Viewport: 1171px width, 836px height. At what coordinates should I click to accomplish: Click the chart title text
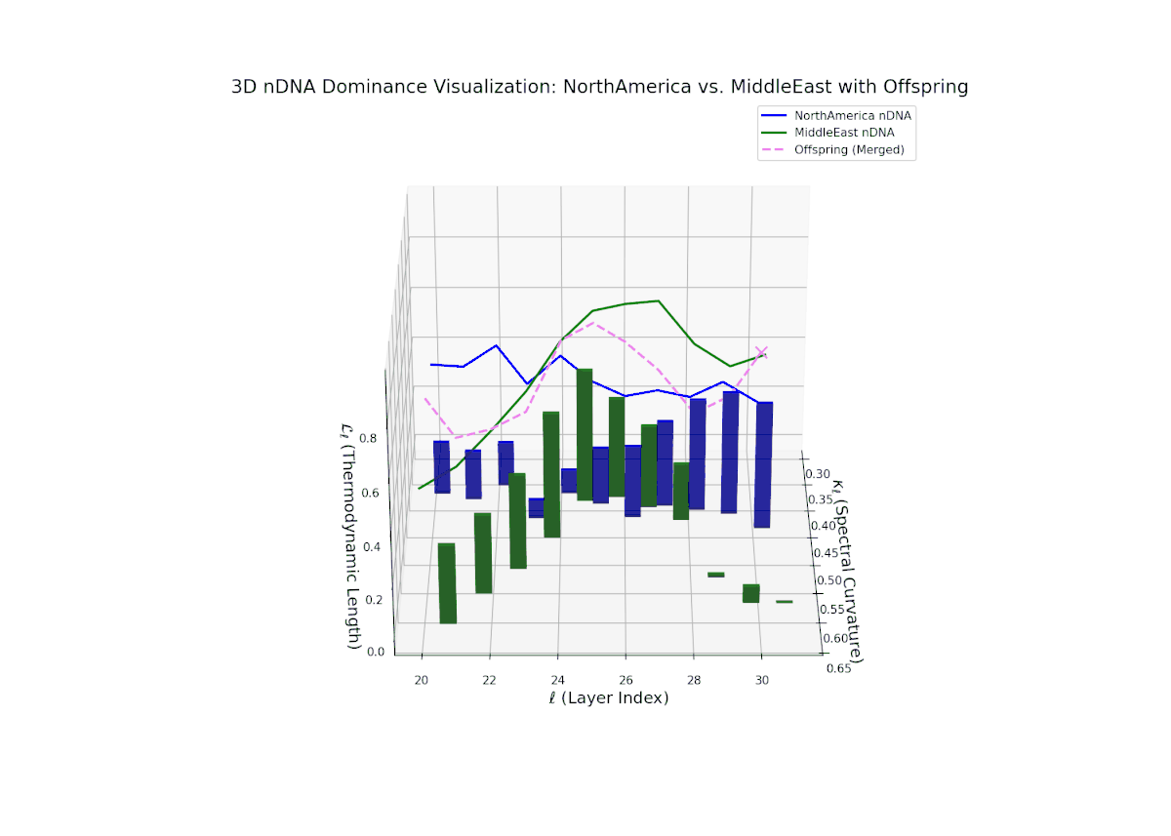point(599,87)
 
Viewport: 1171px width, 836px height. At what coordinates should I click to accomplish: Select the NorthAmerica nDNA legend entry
point(859,115)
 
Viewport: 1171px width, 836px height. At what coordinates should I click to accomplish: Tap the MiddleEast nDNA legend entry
point(851,132)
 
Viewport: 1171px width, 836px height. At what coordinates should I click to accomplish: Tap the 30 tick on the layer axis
point(762,679)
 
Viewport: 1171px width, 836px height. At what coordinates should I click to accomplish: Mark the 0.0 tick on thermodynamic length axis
point(375,652)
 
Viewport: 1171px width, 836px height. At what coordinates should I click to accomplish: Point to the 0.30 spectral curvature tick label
point(817,474)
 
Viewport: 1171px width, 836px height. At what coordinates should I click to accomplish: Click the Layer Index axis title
point(607,698)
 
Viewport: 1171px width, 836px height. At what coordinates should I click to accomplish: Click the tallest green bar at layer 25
point(585,434)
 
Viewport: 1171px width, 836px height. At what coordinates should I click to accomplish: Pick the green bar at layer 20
point(448,582)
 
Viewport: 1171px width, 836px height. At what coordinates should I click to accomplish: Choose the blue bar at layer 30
point(763,464)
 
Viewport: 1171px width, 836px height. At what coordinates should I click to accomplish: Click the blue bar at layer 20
point(442,466)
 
